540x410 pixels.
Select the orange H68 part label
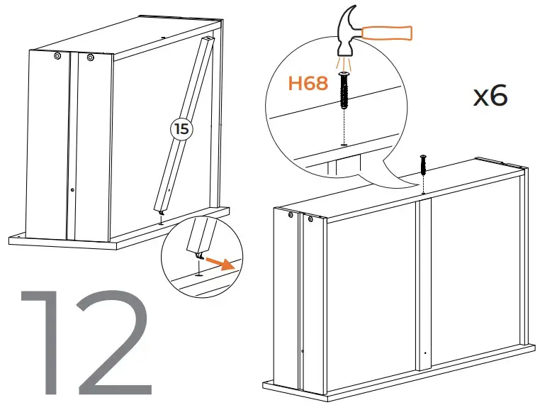pyautogui.click(x=308, y=84)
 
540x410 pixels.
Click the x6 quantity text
pyautogui.click(x=490, y=96)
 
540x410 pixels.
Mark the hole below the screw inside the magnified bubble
pyautogui.click(x=344, y=144)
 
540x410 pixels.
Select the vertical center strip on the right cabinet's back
pyautogui.click(x=424, y=284)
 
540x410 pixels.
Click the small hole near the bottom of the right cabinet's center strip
pyautogui.click(x=424, y=353)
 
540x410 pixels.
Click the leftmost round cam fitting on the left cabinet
pyautogui.click(x=57, y=56)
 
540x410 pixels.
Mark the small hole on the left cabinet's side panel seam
pyautogui.click(x=73, y=189)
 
